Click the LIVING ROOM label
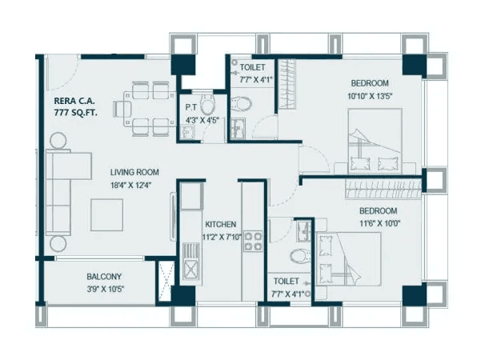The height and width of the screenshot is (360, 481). coord(134,172)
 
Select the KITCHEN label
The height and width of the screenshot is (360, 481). coord(219,225)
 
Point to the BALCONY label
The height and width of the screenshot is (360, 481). coord(104,277)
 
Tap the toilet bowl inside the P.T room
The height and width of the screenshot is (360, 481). coord(207,105)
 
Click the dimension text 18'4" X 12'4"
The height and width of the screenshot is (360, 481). coord(134,185)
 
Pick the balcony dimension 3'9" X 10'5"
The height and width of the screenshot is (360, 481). coord(104,289)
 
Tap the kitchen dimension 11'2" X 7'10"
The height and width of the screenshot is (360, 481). coord(219,237)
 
